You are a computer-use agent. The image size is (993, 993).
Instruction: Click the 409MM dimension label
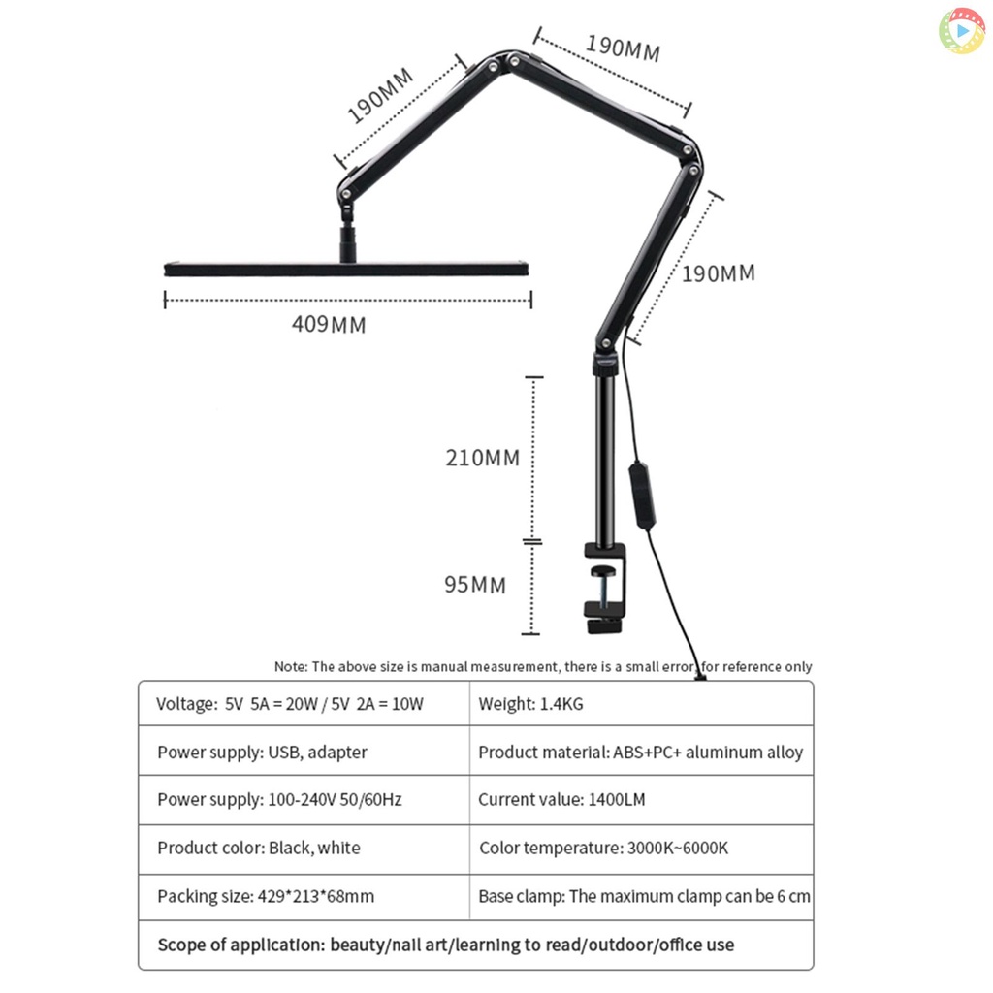pos(329,324)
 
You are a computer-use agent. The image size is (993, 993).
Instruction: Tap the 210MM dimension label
pos(483,458)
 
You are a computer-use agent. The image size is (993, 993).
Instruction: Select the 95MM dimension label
pos(475,584)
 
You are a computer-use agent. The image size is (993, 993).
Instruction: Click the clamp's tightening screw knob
pos(603,571)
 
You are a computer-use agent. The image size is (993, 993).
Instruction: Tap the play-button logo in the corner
pos(961,30)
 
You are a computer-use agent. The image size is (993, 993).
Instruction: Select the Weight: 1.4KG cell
pos(642,704)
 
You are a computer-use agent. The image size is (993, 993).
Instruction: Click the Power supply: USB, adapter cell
pos(304,752)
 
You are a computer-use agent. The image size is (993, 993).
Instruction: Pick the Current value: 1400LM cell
pos(642,800)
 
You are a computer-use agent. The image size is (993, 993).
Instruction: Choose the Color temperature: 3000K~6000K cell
pos(642,849)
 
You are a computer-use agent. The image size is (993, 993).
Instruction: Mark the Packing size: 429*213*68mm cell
pos(304,897)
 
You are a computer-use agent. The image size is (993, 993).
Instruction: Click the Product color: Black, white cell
pos(304,849)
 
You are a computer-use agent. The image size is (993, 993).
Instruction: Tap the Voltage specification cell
pos(304,704)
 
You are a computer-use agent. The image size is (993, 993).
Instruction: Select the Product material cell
pos(642,752)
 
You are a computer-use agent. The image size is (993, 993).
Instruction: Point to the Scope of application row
pos(475,945)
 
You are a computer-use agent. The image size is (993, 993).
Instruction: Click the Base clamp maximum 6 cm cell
pos(642,897)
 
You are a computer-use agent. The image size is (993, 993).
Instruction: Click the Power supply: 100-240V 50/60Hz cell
pos(304,800)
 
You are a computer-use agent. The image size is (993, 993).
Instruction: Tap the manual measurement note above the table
pos(543,667)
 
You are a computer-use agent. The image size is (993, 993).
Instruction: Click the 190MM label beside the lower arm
pos(719,273)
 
